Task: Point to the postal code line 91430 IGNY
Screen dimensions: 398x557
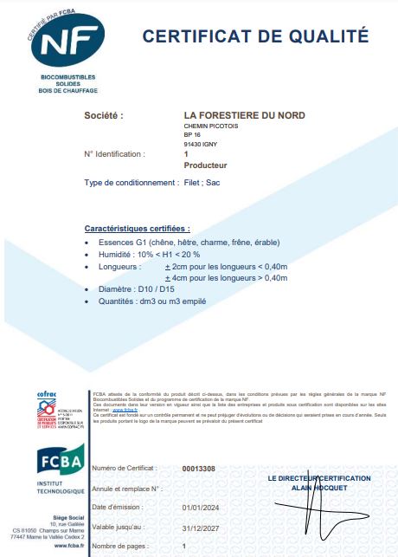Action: [204, 144]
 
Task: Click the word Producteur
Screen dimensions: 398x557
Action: [206, 164]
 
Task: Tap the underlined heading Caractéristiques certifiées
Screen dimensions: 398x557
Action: [138, 228]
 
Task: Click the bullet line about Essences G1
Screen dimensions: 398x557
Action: [189, 242]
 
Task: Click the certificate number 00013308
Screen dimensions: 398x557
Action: [199, 469]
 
